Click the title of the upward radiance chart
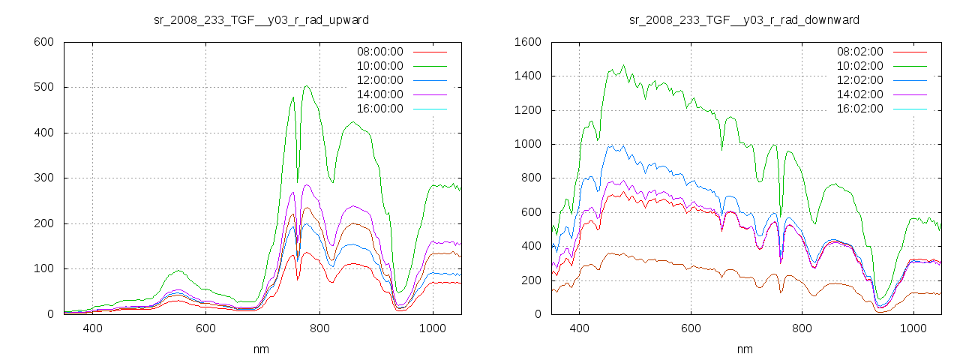[261, 19]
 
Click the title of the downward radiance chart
[744, 19]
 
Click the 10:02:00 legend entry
[859, 66]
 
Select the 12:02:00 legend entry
[859, 80]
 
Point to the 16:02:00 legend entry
[859, 109]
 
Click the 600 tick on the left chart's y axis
[44, 42]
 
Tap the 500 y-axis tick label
[44, 88]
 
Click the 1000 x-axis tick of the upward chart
[432, 328]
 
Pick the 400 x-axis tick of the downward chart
[579, 328]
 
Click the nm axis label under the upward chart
[262, 349]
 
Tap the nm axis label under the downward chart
[745, 349]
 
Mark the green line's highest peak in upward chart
[307, 85]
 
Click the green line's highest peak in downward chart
[623, 65]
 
